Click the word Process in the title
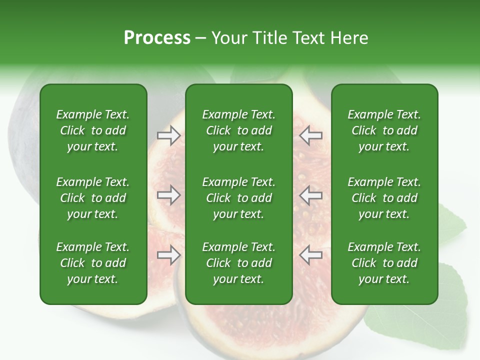tap(157, 38)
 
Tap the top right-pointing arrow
tap(168, 135)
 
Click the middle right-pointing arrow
tap(168, 195)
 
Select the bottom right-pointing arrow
tap(168, 255)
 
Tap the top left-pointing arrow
tap(311, 135)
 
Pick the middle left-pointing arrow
tap(311, 195)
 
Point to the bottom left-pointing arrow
tap(311, 255)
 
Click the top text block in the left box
tap(93, 130)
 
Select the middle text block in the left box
tap(93, 198)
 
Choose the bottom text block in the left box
tap(93, 263)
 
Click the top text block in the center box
tap(238, 130)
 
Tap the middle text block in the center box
tap(238, 198)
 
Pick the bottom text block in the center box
tap(238, 263)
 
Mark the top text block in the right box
tap(384, 130)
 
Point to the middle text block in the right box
tap(384, 198)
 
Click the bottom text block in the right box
tap(384, 263)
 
